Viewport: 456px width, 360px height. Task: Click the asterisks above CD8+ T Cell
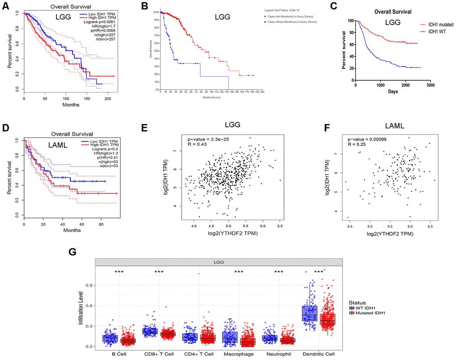tap(159, 272)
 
